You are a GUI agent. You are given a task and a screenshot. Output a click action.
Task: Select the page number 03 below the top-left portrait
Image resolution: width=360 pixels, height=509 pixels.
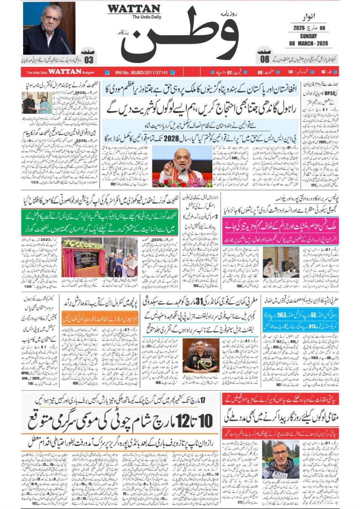pos(89,60)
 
